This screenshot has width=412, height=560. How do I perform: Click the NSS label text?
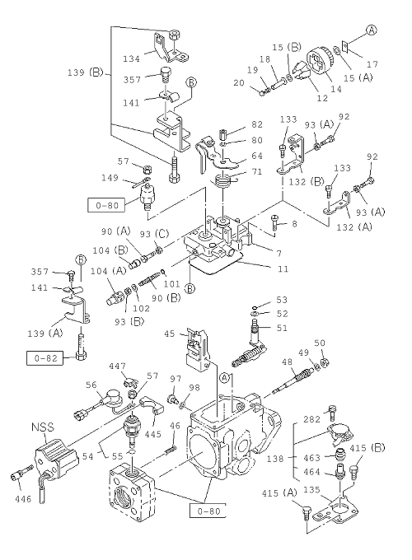pos(43,427)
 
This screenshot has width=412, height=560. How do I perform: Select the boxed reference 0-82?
pos(46,358)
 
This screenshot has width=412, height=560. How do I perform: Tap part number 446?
pos(23,499)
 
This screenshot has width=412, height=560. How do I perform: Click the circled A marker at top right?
pos(372,30)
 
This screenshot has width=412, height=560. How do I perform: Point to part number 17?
pos(372,64)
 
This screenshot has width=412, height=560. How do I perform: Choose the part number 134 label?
pos(132,58)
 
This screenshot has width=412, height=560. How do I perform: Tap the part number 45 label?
pos(170,334)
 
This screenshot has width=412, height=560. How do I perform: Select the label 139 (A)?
pos(45,334)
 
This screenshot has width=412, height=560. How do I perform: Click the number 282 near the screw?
pos(312,419)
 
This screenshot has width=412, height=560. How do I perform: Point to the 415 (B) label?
pos(368,448)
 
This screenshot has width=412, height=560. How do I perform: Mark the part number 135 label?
pos(311,490)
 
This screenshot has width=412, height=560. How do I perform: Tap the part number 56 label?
pos(91,385)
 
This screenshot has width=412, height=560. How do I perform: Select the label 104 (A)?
pos(109,271)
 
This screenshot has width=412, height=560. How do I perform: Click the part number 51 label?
pos(282,328)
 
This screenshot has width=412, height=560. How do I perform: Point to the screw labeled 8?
pos(275,223)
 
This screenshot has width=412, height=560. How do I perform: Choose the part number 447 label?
pos(118,366)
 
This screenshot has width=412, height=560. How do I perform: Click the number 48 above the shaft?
pos(287,362)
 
